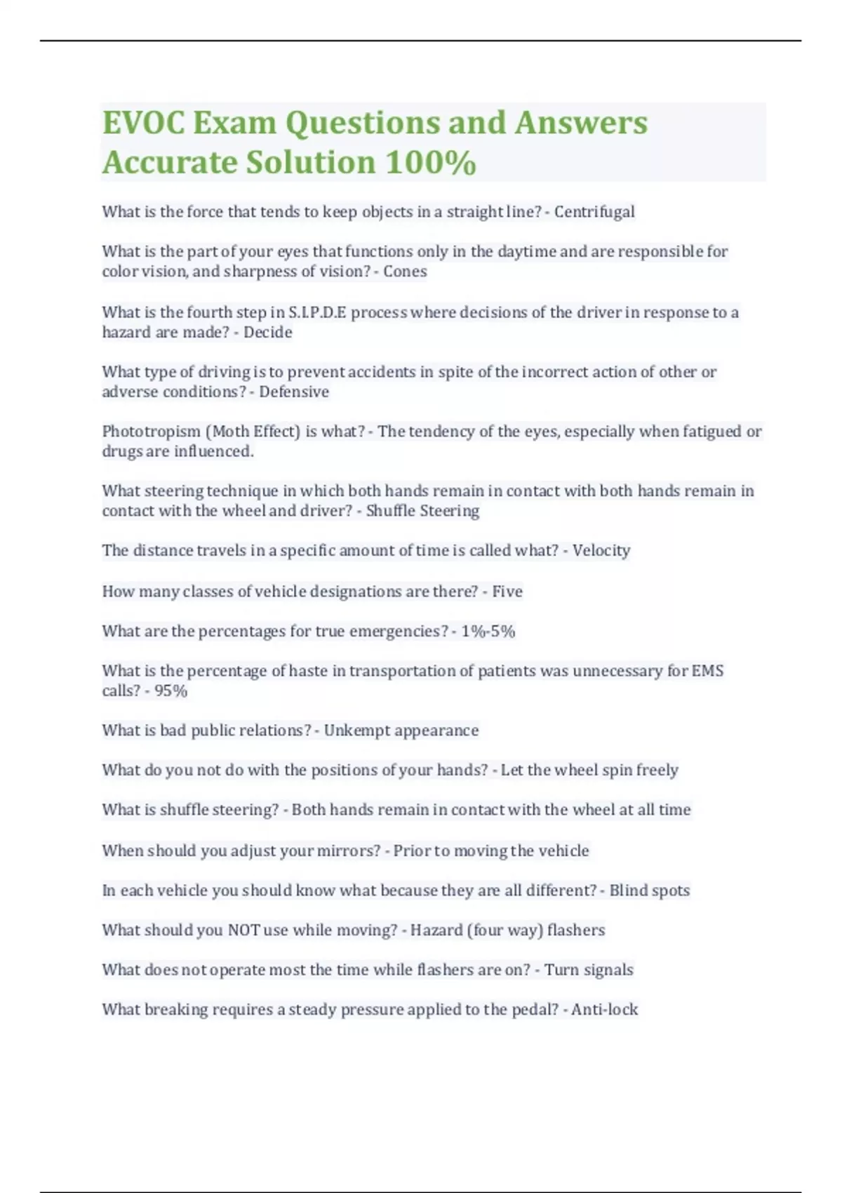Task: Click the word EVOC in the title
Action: [143, 123]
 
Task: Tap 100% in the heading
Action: [430, 162]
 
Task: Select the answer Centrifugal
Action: [594, 212]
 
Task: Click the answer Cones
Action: [405, 272]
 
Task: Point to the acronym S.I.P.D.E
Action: [317, 312]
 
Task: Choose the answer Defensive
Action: [294, 392]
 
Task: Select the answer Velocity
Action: [601, 550]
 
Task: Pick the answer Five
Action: [507, 592]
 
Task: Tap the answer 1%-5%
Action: [488, 632]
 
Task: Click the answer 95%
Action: [171, 691]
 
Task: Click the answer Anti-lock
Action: [604, 1010]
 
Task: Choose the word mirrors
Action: [344, 851]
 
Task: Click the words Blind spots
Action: [649, 891]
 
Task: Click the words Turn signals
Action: [589, 970]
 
